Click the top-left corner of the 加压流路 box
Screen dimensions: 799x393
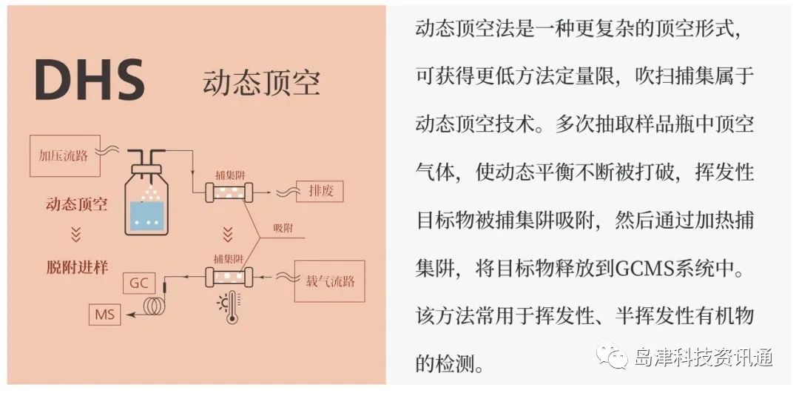tap(30, 135)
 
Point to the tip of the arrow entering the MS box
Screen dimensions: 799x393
tap(127, 315)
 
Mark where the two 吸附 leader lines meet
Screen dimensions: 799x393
tap(260, 238)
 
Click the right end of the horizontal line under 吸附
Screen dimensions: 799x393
tap(306, 238)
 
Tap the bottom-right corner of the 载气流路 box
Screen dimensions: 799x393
tap(365, 302)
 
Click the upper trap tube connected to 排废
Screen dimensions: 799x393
tap(229, 193)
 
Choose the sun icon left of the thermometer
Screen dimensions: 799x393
tap(222, 304)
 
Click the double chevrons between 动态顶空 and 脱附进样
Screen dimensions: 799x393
tap(76, 235)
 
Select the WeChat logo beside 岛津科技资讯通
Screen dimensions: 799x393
tap(614, 355)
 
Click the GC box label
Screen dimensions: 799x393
tap(138, 283)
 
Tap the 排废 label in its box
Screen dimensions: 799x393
tap(320, 192)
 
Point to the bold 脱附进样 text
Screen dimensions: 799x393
tap(76, 268)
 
